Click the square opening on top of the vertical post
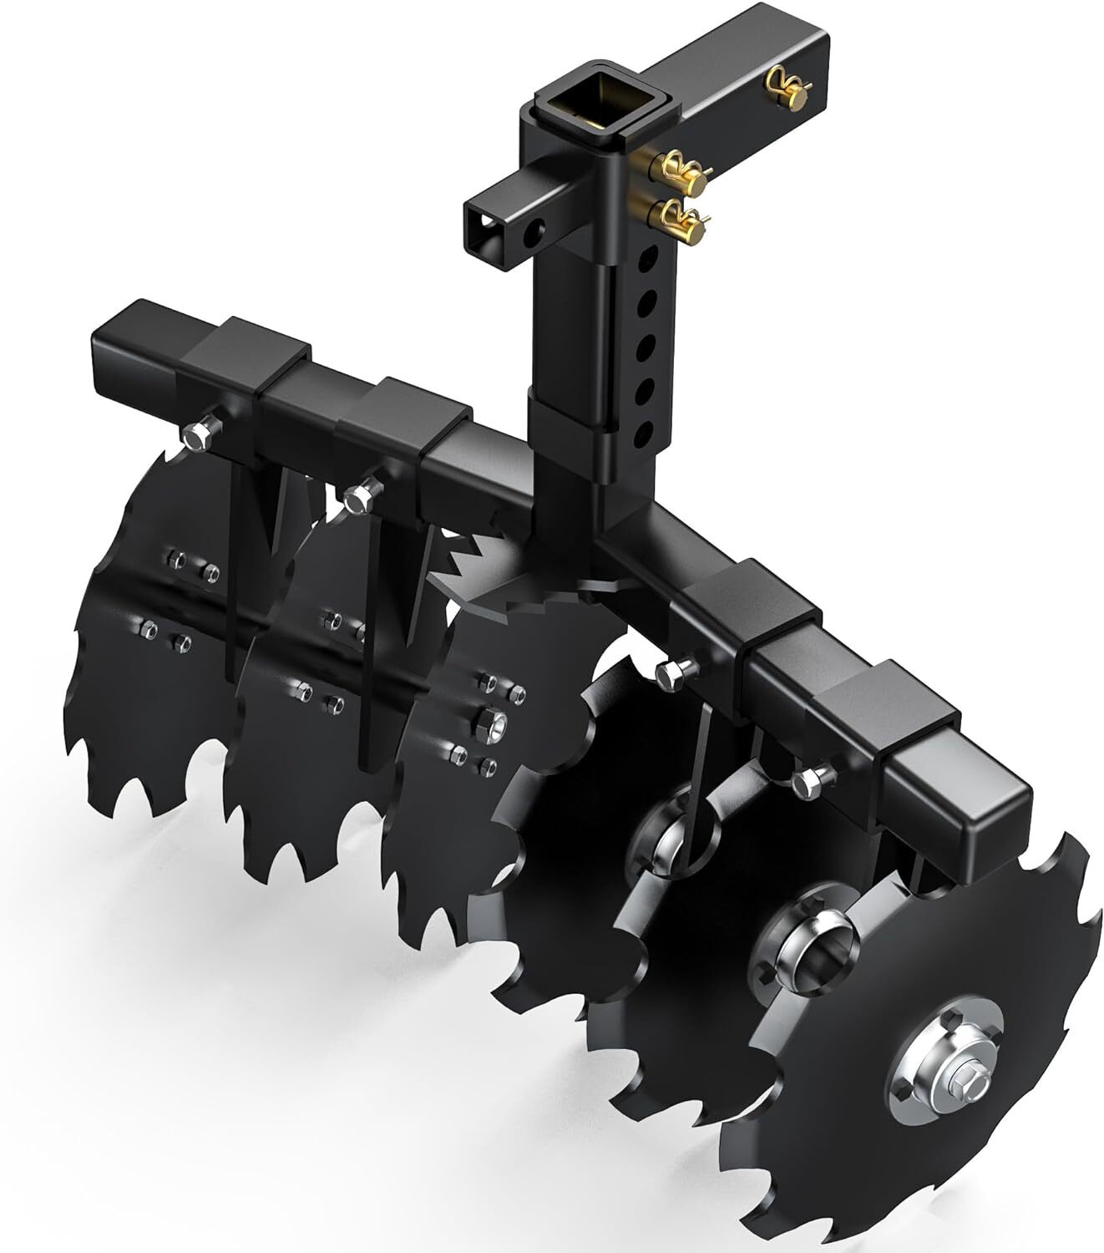pyautogui.click(x=590, y=108)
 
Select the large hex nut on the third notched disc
pyautogui.click(x=489, y=723)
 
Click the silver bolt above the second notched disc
pyautogui.click(x=359, y=498)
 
